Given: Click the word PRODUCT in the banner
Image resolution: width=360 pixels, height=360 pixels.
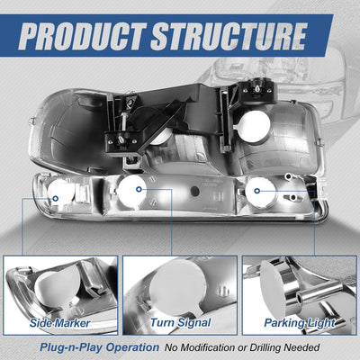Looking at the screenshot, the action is coord(82,36).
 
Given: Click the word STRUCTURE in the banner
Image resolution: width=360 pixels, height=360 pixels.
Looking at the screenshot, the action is coord(229,36).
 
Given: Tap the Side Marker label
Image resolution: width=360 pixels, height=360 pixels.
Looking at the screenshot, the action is coord(60,323).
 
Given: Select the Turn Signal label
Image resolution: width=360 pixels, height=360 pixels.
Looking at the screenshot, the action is coord(181,323).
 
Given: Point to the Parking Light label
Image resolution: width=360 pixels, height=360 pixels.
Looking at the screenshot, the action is coord(300,323).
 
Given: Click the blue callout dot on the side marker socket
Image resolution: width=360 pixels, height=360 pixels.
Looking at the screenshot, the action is coord(55,198).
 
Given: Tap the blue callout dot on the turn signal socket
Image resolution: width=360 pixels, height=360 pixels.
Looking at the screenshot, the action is coord(139,189).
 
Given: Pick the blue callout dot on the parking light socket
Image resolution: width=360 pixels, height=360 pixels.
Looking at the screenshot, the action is coord(256,191).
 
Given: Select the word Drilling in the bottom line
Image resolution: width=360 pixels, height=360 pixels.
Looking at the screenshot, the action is coord(265,347).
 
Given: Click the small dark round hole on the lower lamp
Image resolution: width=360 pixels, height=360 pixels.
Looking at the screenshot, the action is coord(195,191).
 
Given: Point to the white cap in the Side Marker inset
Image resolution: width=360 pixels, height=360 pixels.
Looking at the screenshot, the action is coord(57,285).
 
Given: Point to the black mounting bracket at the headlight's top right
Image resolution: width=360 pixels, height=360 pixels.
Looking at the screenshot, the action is coord(257,90).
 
